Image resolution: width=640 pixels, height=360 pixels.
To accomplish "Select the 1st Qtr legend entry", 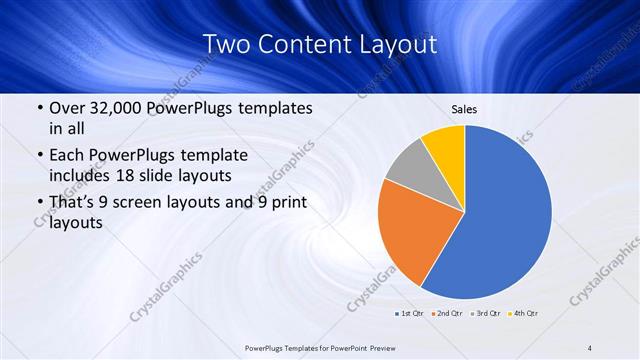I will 409,314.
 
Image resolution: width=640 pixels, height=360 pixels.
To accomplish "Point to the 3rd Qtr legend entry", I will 486,314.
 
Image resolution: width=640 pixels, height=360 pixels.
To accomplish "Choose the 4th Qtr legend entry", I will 524,314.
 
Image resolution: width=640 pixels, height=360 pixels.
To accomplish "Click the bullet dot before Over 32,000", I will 39,108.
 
